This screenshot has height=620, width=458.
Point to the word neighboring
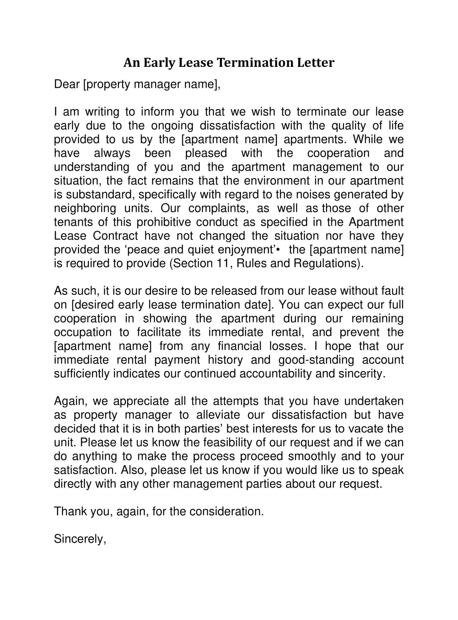click(x=85, y=208)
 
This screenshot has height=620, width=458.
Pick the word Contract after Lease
click(x=115, y=236)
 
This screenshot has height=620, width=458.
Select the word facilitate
click(x=159, y=332)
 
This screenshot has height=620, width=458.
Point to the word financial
click(x=240, y=346)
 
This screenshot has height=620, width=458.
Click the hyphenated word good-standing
click(x=316, y=360)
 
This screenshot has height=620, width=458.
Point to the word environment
click(x=276, y=181)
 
